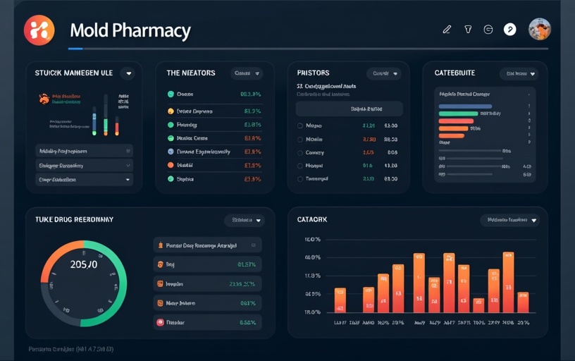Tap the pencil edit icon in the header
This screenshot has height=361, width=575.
(446, 30)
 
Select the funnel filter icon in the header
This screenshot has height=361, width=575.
(467, 30)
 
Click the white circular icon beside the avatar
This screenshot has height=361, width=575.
(509, 30)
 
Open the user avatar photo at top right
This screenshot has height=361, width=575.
(539, 29)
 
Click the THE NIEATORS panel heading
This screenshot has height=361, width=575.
(190, 73)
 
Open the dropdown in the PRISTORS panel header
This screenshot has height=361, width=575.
(383, 73)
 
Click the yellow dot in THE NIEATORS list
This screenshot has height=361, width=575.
(171, 111)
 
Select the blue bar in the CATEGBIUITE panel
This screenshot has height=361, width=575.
(465, 106)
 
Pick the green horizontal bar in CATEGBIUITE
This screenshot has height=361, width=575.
(458, 114)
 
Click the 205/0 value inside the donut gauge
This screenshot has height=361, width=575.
(83, 264)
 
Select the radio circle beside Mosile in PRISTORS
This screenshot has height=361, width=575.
(299, 140)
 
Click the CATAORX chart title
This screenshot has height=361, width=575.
(312, 220)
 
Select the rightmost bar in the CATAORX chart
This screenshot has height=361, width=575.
(523, 302)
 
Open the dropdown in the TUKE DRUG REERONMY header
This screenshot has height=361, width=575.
(244, 221)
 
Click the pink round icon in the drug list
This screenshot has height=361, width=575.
(160, 322)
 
